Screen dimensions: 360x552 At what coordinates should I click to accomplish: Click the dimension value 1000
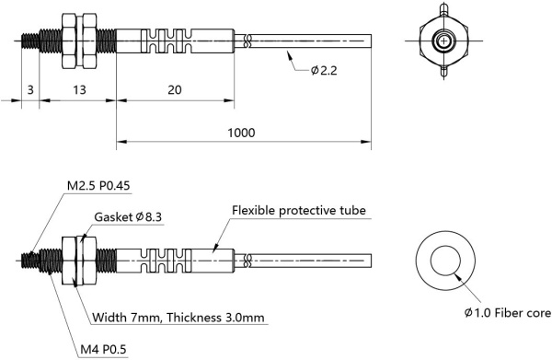click(x=241, y=133)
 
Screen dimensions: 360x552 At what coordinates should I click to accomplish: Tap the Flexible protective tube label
click(x=299, y=210)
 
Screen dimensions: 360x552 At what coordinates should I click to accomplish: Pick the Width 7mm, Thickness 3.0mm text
click(x=180, y=318)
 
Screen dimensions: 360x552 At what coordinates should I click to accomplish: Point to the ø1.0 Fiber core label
click(x=506, y=314)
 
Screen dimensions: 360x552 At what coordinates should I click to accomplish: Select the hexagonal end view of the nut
click(x=444, y=41)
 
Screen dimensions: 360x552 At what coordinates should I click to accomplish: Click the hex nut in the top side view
click(x=76, y=41)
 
